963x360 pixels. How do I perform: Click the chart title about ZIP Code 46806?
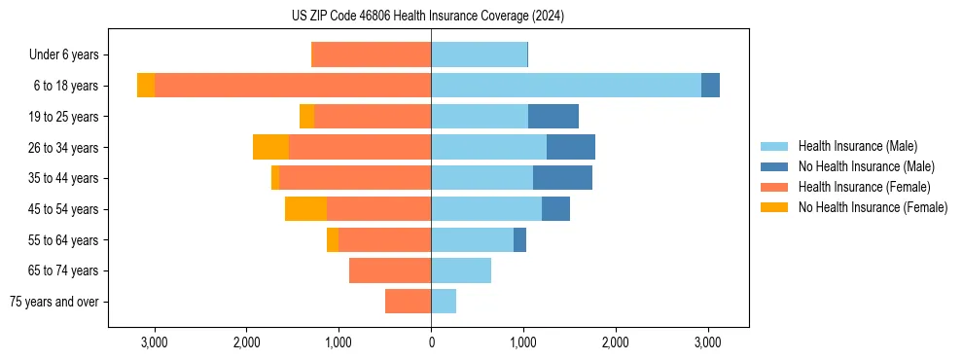[x=427, y=16]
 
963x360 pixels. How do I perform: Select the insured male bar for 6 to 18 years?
[x=566, y=86]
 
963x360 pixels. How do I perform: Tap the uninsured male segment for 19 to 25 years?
[x=553, y=117]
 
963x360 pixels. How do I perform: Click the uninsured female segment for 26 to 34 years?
[x=270, y=147]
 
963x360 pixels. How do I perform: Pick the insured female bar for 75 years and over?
[x=408, y=302]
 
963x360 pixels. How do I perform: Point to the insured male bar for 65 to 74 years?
[x=461, y=270]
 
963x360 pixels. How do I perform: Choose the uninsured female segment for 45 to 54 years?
[x=305, y=209]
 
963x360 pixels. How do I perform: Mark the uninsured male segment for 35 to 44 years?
[x=562, y=178]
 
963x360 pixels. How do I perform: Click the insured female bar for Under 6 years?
[x=371, y=54]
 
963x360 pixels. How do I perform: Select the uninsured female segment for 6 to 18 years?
[x=146, y=86]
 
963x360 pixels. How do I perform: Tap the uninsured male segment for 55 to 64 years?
[x=519, y=239]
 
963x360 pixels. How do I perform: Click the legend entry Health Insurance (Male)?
[x=857, y=146]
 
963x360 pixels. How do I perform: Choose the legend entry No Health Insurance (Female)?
[x=873, y=207]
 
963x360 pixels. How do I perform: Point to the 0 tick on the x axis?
[x=431, y=342]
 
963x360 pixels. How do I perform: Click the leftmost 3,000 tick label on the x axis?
[x=155, y=342]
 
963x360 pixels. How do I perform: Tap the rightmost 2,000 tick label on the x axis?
[x=615, y=342]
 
